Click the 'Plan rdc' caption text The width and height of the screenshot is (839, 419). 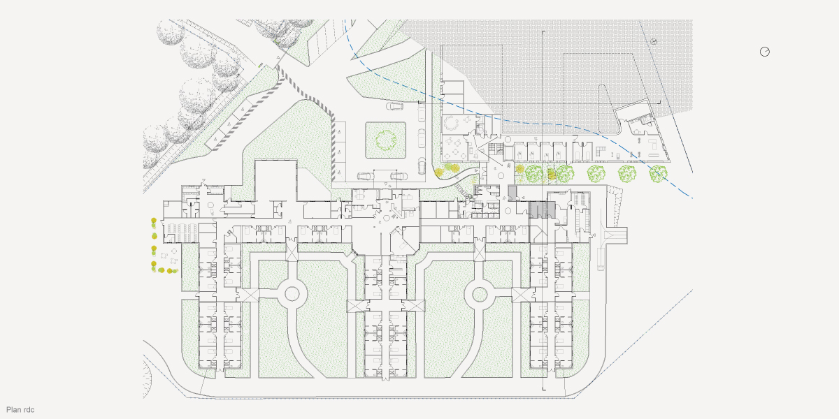click(20, 410)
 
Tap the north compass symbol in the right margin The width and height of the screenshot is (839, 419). click(765, 52)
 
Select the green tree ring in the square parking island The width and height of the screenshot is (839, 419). click(386, 140)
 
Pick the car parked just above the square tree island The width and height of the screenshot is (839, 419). click(394, 107)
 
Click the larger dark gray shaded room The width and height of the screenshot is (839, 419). click(540, 210)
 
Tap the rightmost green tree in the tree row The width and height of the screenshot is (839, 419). click(658, 174)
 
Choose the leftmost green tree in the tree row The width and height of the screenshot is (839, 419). click(535, 173)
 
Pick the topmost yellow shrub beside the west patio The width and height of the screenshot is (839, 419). click(153, 222)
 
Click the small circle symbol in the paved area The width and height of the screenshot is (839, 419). click(654, 41)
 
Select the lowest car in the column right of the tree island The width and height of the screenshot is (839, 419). click(422, 166)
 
